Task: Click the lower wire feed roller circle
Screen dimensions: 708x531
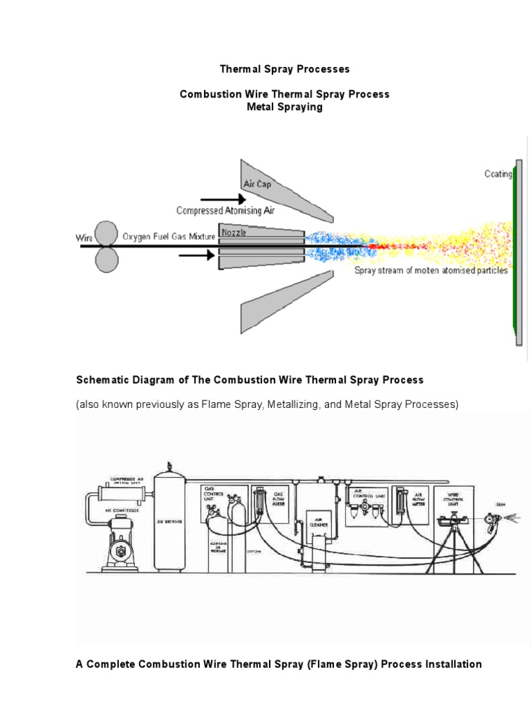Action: pyautogui.click(x=107, y=261)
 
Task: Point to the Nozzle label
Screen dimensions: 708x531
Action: pyautogui.click(x=234, y=232)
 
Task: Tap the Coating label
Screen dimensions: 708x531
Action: pyautogui.click(x=498, y=174)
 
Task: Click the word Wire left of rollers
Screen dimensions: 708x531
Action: pyautogui.click(x=84, y=238)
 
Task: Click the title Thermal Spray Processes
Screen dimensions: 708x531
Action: pyautogui.click(x=285, y=69)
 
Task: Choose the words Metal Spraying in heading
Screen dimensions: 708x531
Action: pyautogui.click(x=285, y=107)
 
